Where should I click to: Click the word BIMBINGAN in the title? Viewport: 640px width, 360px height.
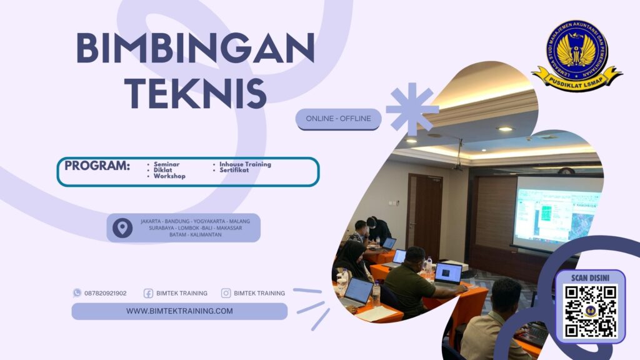pyautogui.click(x=195, y=49)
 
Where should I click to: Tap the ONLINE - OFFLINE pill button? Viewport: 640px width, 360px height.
pyautogui.click(x=338, y=119)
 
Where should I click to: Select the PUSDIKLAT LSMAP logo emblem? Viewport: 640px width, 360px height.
pyautogui.click(x=576, y=55)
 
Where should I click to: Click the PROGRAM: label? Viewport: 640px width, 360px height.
pyautogui.click(x=97, y=166)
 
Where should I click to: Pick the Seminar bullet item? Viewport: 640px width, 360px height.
pyautogui.click(x=166, y=164)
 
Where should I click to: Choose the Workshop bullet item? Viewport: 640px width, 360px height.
pyautogui.click(x=169, y=176)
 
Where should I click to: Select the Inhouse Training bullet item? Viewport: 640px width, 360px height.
pyautogui.click(x=245, y=164)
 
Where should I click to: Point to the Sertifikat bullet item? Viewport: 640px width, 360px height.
pyautogui.click(x=235, y=170)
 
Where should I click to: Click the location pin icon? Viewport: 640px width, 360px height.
pyautogui.click(x=122, y=227)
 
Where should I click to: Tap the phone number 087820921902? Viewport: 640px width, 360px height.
pyautogui.click(x=105, y=292)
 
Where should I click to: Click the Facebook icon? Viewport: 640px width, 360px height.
pyautogui.click(x=149, y=292)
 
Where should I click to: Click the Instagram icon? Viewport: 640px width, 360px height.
pyautogui.click(x=226, y=292)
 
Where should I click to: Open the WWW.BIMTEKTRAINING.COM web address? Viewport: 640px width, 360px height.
pyautogui.click(x=179, y=311)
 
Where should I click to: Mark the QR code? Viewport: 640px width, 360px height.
pyautogui.click(x=590, y=311)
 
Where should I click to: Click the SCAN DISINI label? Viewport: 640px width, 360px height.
pyautogui.click(x=590, y=277)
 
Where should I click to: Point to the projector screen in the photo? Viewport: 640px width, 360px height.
pyautogui.click(x=556, y=212)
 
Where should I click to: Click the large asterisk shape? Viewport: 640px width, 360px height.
pyautogui.click(x=412, y=108)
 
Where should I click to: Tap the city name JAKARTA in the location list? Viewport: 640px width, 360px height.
pyautogui.click(x=154, y=221)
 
